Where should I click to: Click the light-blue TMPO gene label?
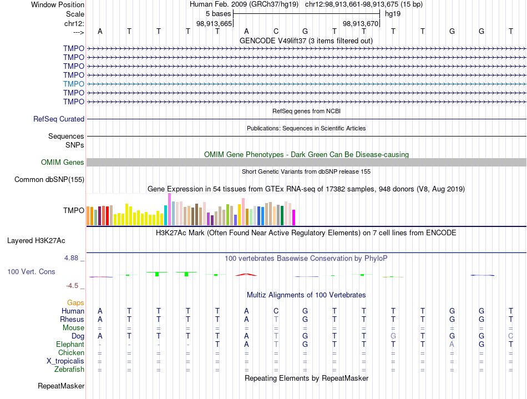point(74,84)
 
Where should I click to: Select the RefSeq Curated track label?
point(59,119)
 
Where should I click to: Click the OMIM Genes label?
point(63,163)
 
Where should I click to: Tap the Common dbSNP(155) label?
point(49,179)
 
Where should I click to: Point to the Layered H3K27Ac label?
point(36,241)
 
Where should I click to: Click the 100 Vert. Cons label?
point(31,271)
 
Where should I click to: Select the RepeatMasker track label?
point(61,386)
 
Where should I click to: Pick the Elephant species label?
point(70,345)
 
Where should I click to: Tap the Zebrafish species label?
point(69,370)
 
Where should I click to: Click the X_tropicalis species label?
point(65,361)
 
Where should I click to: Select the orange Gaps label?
point(75,303)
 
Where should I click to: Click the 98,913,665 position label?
point(214,23)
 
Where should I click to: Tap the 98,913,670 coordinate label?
point(361,23)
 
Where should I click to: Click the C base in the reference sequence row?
point(276,31)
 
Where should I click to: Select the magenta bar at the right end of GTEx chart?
point(294,218)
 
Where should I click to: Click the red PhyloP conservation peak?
point(246,275)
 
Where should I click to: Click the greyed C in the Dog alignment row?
point(511,336)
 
